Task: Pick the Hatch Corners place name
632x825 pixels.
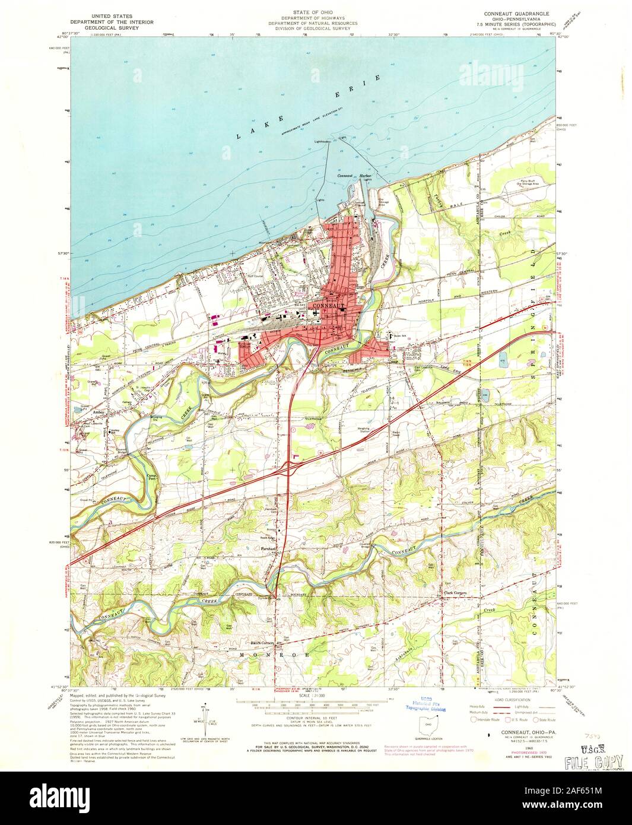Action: [260, 643]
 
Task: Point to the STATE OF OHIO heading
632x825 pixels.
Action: [312, 11]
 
